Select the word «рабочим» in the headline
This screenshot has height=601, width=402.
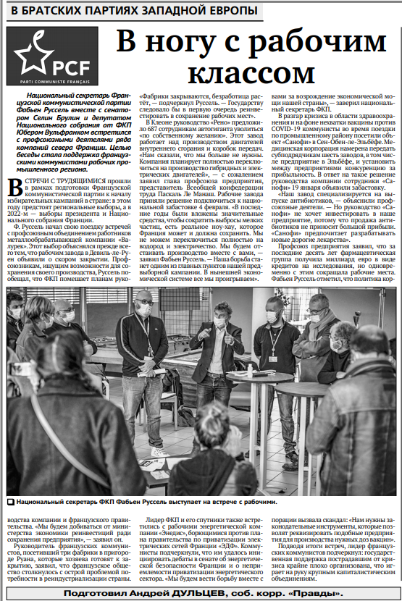[x=302, y=41]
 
